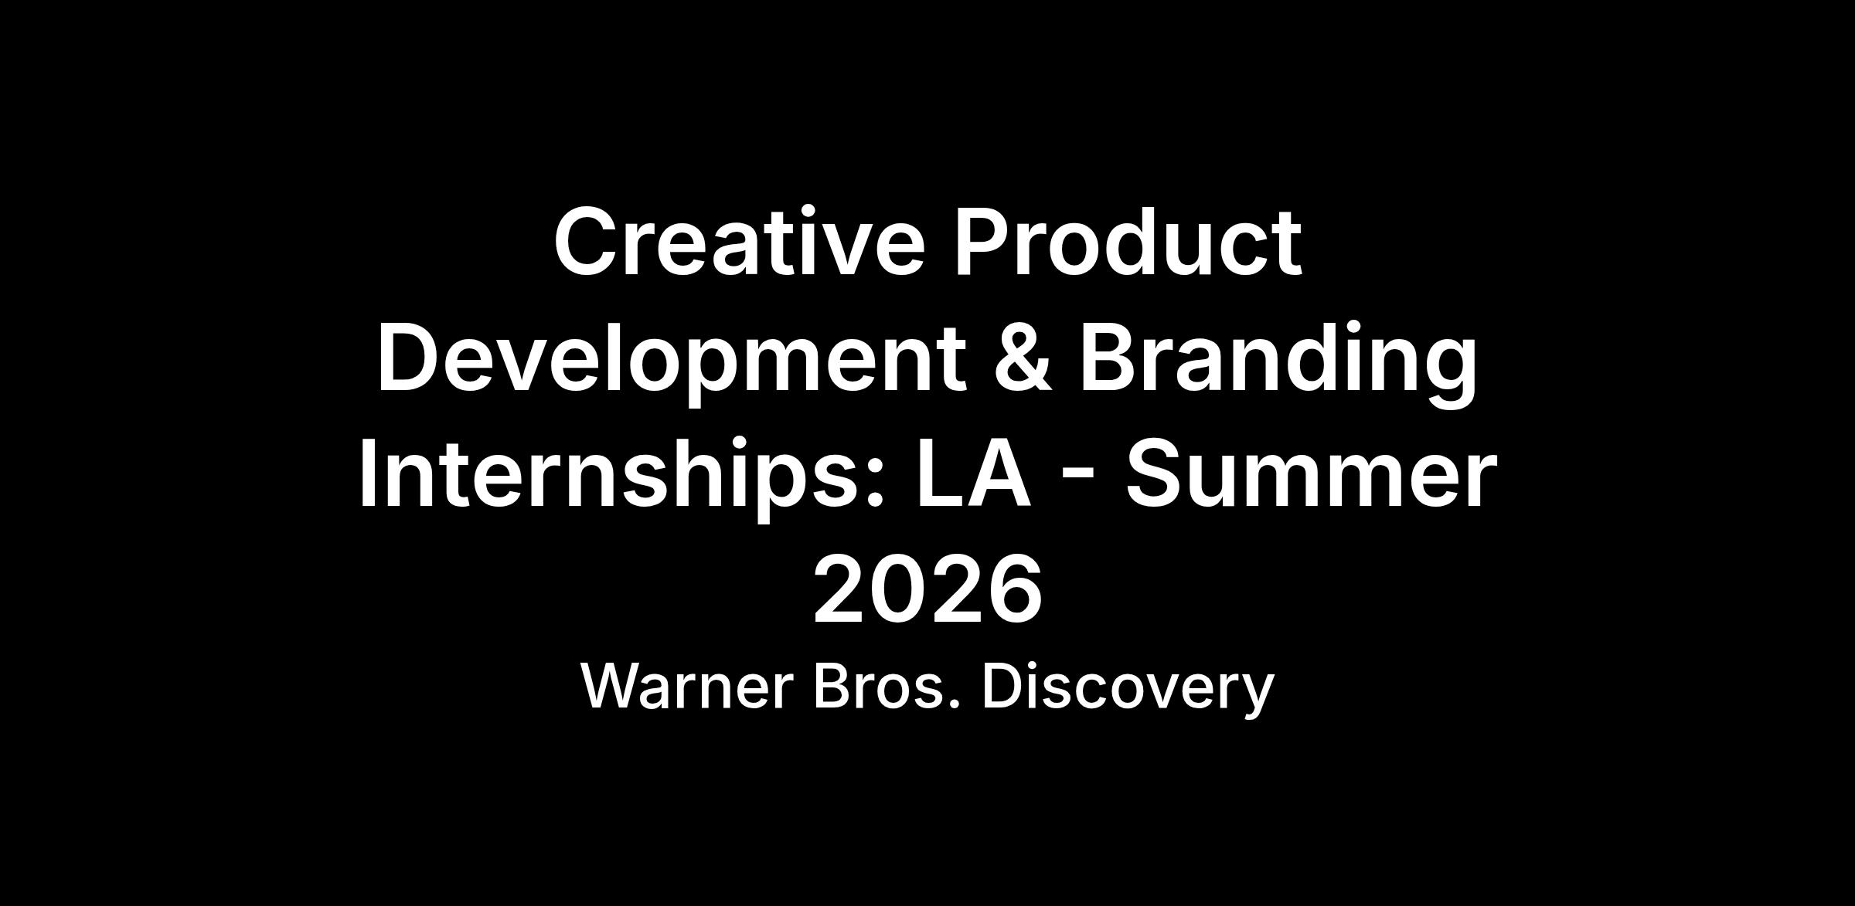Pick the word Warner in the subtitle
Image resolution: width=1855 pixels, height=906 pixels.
(x=687, y=687)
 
